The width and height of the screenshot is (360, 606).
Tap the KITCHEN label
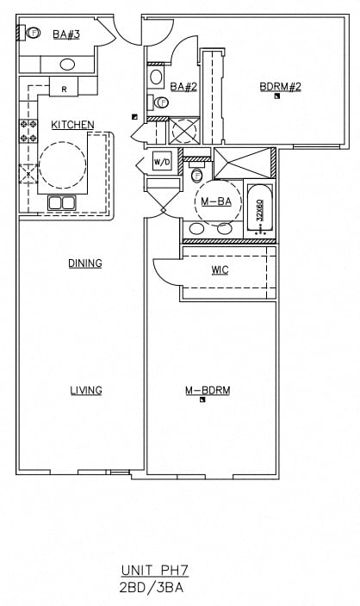[72, 125]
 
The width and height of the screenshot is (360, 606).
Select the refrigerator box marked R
[64, 89]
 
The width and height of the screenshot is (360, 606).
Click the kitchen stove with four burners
[28, 131]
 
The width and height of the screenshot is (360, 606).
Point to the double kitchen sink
[60, 202]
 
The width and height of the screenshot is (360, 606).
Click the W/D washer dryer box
[161, 162]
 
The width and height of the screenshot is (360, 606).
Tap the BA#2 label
[183, 86]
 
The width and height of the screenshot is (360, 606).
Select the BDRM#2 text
[280, 86]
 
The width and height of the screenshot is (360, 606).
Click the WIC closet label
[220, 269]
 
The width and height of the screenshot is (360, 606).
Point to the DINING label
[85, 263]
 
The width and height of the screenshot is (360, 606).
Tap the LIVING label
[85, 390]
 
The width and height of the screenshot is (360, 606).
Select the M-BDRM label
[207, 390]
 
